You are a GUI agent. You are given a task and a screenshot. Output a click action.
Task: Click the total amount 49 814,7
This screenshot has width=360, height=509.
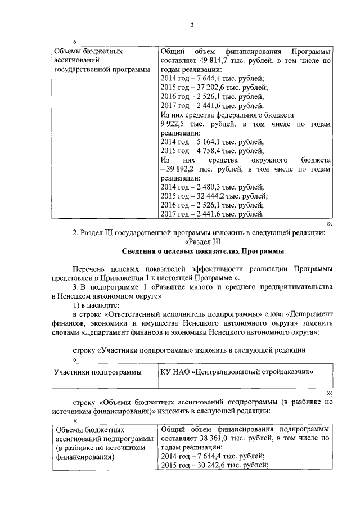tap(210, 60)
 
